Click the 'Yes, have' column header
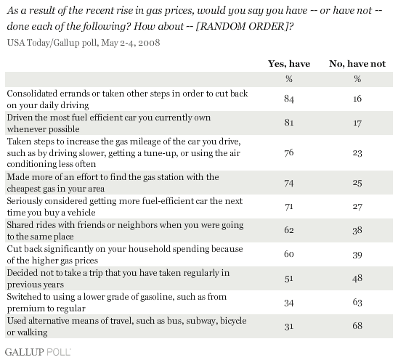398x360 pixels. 289,63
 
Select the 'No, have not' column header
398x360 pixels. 357,63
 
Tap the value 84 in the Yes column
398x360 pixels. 289,99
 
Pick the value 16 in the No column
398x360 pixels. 357,99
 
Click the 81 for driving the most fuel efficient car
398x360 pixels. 289,123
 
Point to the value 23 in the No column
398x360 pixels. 357,153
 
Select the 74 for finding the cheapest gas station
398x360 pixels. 289,183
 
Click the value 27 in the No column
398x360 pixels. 357,207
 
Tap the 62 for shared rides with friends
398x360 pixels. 289,230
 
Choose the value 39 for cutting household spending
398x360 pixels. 357,255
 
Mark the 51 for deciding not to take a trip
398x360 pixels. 289,278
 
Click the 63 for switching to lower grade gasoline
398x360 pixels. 357,302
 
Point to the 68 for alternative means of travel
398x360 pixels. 357,326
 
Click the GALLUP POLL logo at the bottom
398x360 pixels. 38,352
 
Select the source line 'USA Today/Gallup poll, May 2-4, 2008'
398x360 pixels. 84,43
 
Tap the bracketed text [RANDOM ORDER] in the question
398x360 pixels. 243,26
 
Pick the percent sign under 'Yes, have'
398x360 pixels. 289,79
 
